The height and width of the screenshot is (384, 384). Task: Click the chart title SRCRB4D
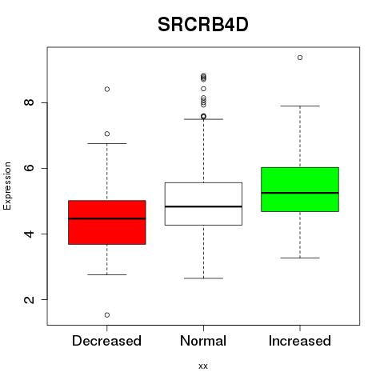(x=203, y=25)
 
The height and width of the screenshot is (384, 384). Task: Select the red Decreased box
(x=107, y=222)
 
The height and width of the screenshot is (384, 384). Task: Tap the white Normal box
(x=203, y=204)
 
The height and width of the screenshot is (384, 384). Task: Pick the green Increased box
(x=300, y=190)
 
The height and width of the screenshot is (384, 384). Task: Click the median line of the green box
(x=300, y=193)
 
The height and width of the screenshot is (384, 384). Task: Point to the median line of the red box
(x=107, y=218)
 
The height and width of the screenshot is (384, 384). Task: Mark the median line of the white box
(x=203, y=206)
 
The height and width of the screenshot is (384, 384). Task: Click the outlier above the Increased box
(x=300, y=58)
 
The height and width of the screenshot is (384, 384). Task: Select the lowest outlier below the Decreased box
(x=107, y=315)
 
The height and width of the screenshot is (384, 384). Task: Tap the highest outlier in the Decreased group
(x=107, y=89)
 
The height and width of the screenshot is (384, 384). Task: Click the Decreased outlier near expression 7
(x=107, y=134)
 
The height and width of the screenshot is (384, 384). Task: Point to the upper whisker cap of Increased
(x=300, y=106)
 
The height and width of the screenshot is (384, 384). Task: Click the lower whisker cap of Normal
(x=203, y=278)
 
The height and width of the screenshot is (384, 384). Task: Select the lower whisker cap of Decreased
(x=107, y=274)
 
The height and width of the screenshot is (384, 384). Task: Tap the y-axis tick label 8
(x=29, y=102)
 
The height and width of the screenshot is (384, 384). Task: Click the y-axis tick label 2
(x=29, y=299)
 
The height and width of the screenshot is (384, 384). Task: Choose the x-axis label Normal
(x=203, y=341)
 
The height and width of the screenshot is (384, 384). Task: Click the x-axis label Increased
(x=300, y=341)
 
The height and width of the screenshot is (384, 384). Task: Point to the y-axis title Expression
(x=7, y=186)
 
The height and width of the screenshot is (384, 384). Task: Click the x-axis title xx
(x=203, y=366)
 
